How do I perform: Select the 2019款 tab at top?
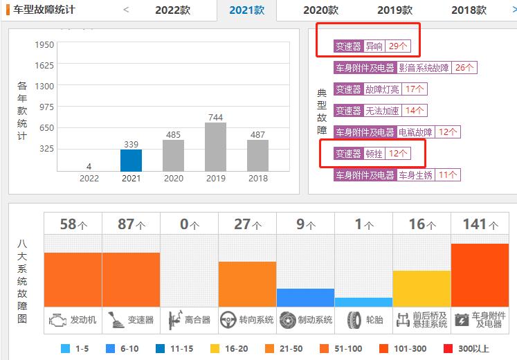pyautogui.click(x=394, y=10)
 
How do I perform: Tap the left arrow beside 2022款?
pyautogui.click(x=125, y=10)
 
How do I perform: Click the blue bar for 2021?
pyautogui.click(x=131, y=160)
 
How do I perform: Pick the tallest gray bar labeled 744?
pyautogui.click(x=215, y=147)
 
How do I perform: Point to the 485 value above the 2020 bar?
pyautogui.click(x=173, y=134)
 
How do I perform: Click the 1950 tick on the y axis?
pyautogui.click(x=44, y=45)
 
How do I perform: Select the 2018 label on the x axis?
pyautogui.click(x=257, y=178)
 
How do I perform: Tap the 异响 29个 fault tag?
pyautogui.click(x=371, y=46)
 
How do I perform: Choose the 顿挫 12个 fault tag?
pyautogui.click(x=371, y=154)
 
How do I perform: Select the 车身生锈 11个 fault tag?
pyautogui.click(x=396, y=175)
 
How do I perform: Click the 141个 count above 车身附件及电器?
pyautogui.click(x=479, y=224)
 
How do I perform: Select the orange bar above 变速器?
pyautogui.click(x=131, y=279)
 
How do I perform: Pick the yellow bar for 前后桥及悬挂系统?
pyautogui.click(x=421, y=288)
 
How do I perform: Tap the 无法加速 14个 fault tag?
pyautogui.click(x=380, y=111)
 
